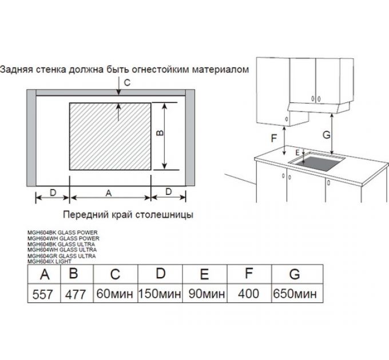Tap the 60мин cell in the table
click(x=115, y=294)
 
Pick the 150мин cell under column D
click(x=160, y=294)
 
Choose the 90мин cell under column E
click(x=205, y=294)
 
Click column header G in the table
click(x=295, y=274)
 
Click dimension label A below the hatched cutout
click(x=108, y=193)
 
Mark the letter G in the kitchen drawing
click(x=326, y=135)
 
